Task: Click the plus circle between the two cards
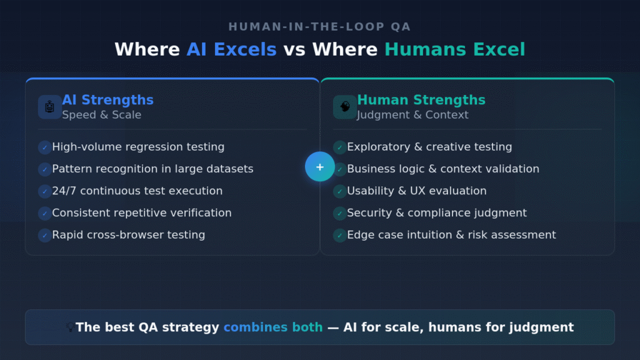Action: [320, 167]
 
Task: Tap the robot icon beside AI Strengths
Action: [50, 107]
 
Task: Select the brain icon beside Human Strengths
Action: [345, 107]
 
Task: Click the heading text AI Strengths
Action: [107, 100]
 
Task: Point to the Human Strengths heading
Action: [421, 100]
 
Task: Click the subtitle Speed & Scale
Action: [101, 115]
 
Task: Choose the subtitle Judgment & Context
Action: [412, 115]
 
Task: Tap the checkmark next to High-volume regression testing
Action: [44, 147]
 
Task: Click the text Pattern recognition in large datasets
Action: [152, 169]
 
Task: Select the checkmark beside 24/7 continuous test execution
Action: [44, 191]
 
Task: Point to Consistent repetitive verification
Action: [142, 213]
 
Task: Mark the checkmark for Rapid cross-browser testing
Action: [44, 236]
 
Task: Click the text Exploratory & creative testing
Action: [429, 147]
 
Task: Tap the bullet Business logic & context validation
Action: [443, 169]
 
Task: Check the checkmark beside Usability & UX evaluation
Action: [339, 191]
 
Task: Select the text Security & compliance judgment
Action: [437, 213]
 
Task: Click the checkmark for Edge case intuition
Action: [339, 236]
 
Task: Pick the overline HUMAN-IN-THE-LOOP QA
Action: [319, 27]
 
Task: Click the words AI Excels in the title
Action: [231, 49]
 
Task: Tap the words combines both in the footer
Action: [273, 327]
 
